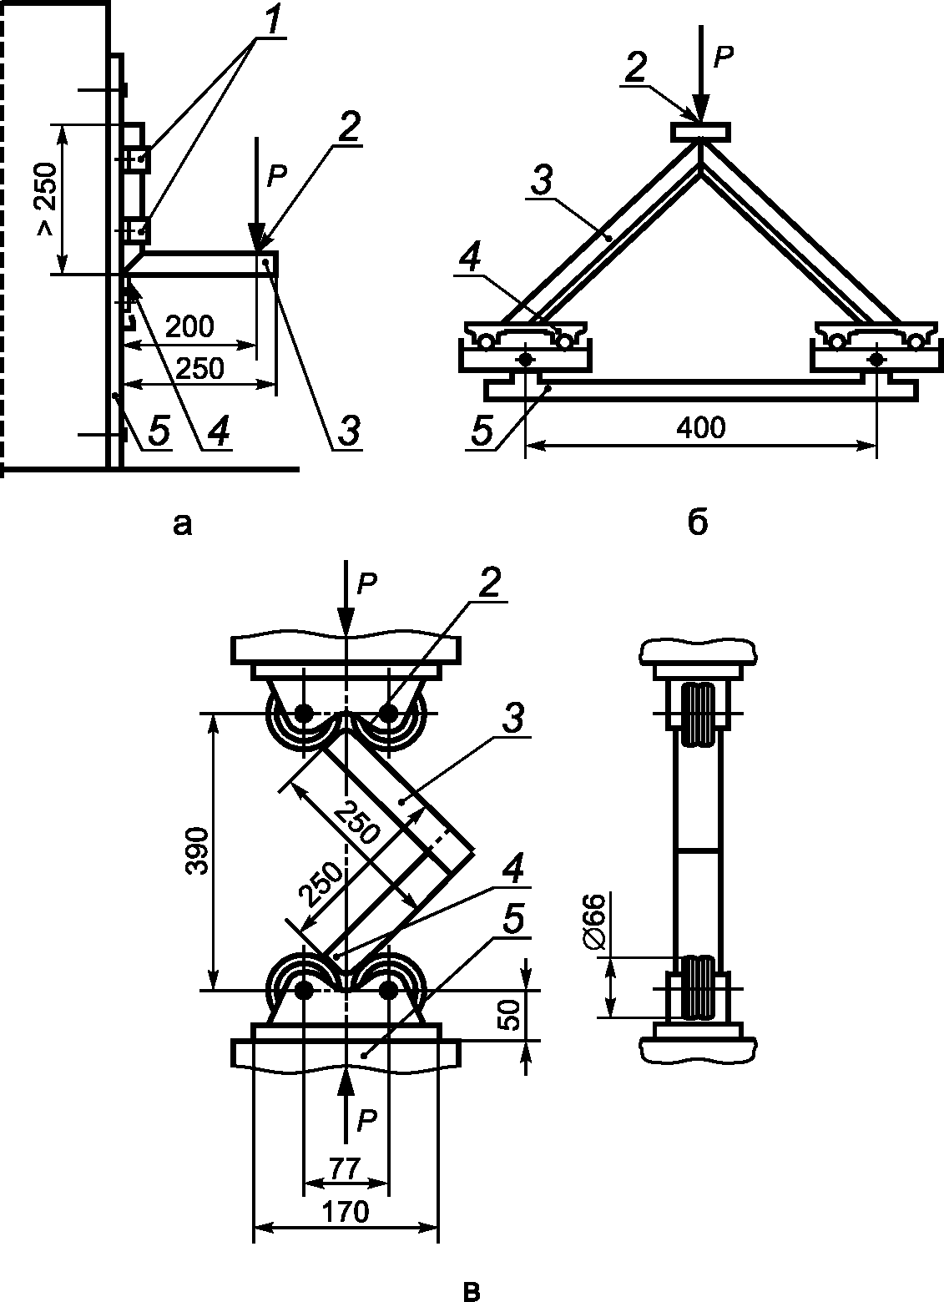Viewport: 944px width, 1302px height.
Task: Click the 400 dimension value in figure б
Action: tap(701, 428)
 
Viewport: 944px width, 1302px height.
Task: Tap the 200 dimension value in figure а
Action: tap(190, 326)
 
